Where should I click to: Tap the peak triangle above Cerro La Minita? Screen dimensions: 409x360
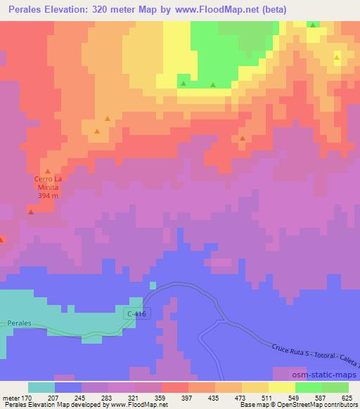(48, 171)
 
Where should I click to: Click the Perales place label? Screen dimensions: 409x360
(20, 322)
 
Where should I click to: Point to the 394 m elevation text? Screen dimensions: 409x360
(46, 196)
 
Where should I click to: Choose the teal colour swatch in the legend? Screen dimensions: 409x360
(41, 387)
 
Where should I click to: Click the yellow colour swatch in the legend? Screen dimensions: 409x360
(282, 387)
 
